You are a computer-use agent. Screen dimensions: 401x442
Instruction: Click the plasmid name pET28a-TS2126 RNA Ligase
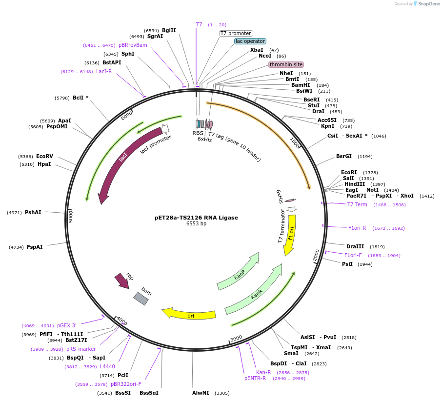pyautogui.click(x=196, y=218)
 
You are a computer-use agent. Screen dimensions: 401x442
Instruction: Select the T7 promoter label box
pyautogui.click(x=236, y=33)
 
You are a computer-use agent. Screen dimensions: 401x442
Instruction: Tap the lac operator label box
pyautogui.click(x=250, y=41)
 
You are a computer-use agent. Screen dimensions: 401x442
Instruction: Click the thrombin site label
pyautogui.click(x=286, y=64)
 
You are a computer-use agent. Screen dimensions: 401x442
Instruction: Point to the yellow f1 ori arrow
pyautogui.click(x=290, y=234)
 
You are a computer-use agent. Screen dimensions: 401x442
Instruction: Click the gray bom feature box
pyautogui.click(x=141, y=298)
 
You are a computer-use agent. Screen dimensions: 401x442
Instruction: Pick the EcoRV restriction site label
pyautogui.click(x=44, y=157)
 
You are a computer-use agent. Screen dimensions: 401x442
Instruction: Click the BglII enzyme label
pyautogui.click(x=169, y=30)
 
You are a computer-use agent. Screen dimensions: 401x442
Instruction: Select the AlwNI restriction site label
pyautogui.click(x=201, y=393)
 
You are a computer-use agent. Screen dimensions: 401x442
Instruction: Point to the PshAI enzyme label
pyautogui.click(x=33, y=212)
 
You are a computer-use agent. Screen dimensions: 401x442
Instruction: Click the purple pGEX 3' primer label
pyautogui.click(x=67, y=325)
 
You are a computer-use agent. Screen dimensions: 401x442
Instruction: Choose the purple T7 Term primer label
pyautogui.click(x=357, y=204)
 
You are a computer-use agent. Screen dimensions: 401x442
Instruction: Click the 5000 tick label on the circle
pyautogui.click(x=71, y=216)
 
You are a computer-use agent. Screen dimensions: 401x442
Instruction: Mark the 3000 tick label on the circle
pyautogui.click(x=236, y=338)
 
